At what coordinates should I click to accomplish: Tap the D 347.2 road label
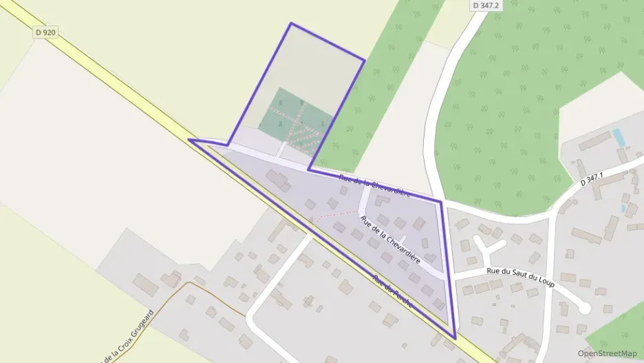tap(486, 5)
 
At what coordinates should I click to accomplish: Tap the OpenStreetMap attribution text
tap(608, 353)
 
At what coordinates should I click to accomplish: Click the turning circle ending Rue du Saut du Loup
tap(584, 308)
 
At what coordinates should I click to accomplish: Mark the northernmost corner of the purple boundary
tap(291, 23)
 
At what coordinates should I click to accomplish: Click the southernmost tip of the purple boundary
tap(455, 338)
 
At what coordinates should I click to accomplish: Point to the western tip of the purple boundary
tap(190, 141)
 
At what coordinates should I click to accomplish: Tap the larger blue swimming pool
tap(619, 137)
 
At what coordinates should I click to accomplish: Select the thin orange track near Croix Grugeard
tap(206, 289)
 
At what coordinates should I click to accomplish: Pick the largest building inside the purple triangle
tap(278, 180)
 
